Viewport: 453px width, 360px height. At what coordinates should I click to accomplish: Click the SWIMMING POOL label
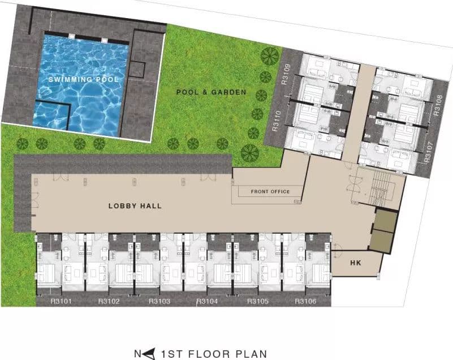click(x=84, y=79)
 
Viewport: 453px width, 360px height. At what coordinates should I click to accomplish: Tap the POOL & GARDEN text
click(x=211, y=92)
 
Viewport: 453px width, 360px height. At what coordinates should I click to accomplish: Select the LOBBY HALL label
click(x=135, y=206)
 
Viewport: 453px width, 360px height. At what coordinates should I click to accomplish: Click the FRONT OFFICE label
click(x=270, y=191)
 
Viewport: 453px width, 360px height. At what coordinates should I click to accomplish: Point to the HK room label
click(x=356, y=263)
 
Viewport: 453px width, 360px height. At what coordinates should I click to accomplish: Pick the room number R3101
click(x=61, y=301)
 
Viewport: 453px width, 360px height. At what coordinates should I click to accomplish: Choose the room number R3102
click(x=109, y=301)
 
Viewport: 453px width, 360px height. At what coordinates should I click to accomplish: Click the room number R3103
click(x=159, y=301)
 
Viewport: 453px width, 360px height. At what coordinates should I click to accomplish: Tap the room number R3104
click(x=207, y=301)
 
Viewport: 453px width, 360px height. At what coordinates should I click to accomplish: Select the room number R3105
click(x=258, y=301)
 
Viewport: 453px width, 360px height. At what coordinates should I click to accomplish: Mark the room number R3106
click(x=305, y=301)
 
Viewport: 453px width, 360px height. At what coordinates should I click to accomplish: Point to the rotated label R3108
click(x=438, y=105)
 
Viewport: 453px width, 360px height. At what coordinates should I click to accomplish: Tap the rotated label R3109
click(x=286, y=74)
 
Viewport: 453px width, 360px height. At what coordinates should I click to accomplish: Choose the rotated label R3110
click(x=277, y=121)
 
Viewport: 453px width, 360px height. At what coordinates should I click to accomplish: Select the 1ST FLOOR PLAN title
click(x=214, y=354)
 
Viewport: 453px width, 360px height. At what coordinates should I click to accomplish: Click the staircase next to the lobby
click(x=381, y=188)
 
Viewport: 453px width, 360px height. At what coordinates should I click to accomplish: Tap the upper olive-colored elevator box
click(x=386, y=220)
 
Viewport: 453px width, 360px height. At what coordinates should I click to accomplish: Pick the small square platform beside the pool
click(x=137, y=70)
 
